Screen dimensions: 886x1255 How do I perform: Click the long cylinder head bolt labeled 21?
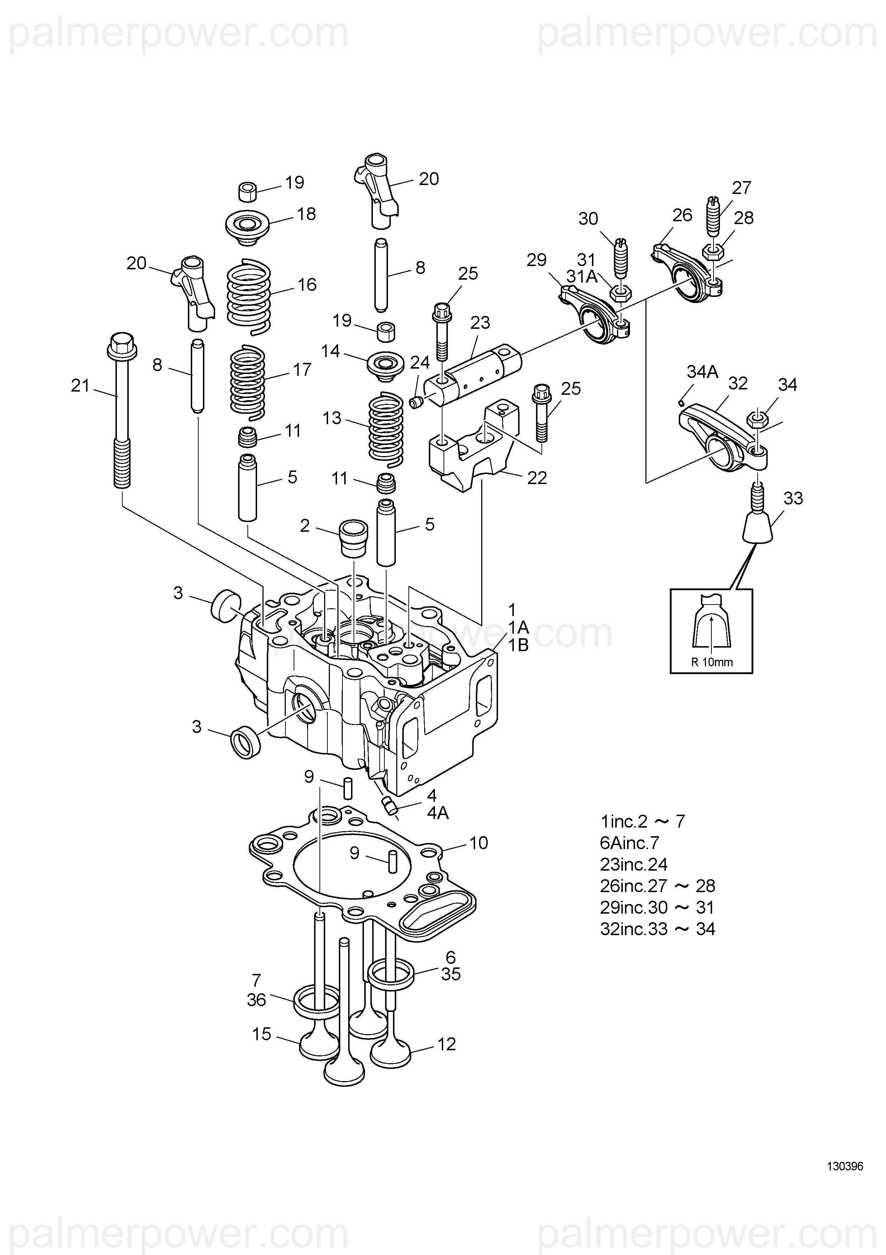120,410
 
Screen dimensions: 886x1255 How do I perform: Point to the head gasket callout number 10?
478,843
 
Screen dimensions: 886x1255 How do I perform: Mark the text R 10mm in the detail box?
712,663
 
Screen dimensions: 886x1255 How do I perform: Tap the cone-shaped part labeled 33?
758,513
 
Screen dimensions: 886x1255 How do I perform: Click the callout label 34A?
702,372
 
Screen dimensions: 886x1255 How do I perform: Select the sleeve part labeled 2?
354,539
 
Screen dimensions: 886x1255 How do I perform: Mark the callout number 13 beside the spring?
331,418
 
